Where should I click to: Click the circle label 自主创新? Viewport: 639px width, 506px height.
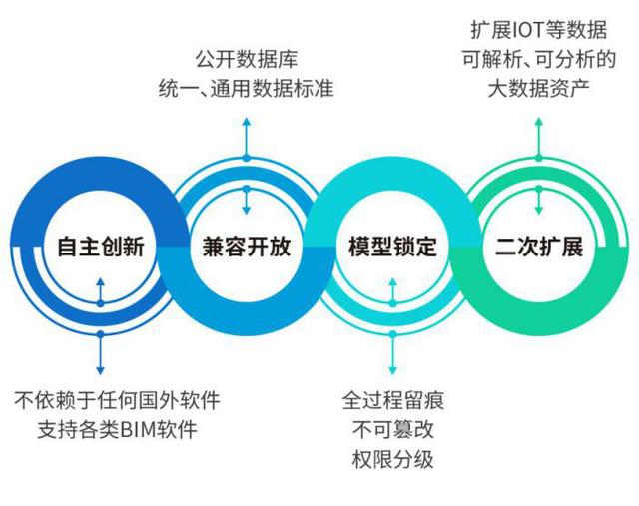(x=101, y=247)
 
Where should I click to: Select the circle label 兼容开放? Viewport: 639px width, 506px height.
(x=246, y=247)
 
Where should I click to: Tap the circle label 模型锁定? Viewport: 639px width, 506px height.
(x=392, y=247)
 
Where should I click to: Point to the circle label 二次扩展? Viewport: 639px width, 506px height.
(x=538, y=247)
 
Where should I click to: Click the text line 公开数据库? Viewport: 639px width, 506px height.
(x=246, y=61)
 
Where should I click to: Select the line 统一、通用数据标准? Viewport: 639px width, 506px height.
(x=246, y=89)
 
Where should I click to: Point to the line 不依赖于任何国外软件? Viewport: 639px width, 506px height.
(x=118, y=402)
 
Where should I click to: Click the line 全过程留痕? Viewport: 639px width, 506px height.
(x=392, y=402)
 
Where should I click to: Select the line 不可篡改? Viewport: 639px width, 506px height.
(x=392, y=431)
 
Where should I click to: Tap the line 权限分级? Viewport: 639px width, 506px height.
(x=392, y=460)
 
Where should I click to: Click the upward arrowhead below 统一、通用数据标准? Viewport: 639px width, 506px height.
(x=246, y=122)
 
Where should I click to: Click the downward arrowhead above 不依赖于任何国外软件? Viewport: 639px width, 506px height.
(x=100, y=370)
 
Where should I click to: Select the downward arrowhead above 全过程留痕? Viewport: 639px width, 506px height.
(x=391, y=370)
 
